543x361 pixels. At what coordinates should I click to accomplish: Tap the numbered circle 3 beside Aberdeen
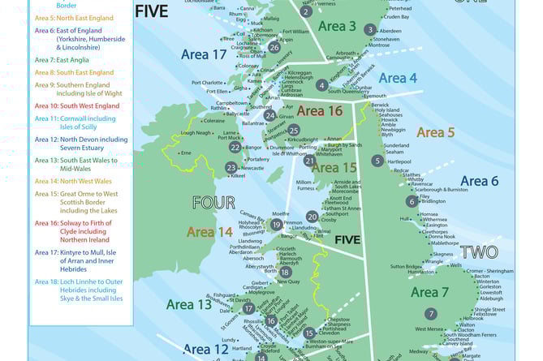point(370,29)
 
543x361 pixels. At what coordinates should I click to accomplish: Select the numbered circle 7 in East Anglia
point(431,313)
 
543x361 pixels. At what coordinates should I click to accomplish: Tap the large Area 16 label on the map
point(319,111)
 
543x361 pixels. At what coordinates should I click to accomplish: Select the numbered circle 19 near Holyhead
point(276,225)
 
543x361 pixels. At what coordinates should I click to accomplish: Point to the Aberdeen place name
point(396,29)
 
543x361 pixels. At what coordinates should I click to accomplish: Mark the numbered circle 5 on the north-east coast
point(377,161)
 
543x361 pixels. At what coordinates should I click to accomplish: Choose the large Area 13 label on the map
point(189,304)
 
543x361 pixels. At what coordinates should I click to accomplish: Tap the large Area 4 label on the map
point(398,78)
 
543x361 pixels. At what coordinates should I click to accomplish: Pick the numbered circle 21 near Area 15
point(309,161)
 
